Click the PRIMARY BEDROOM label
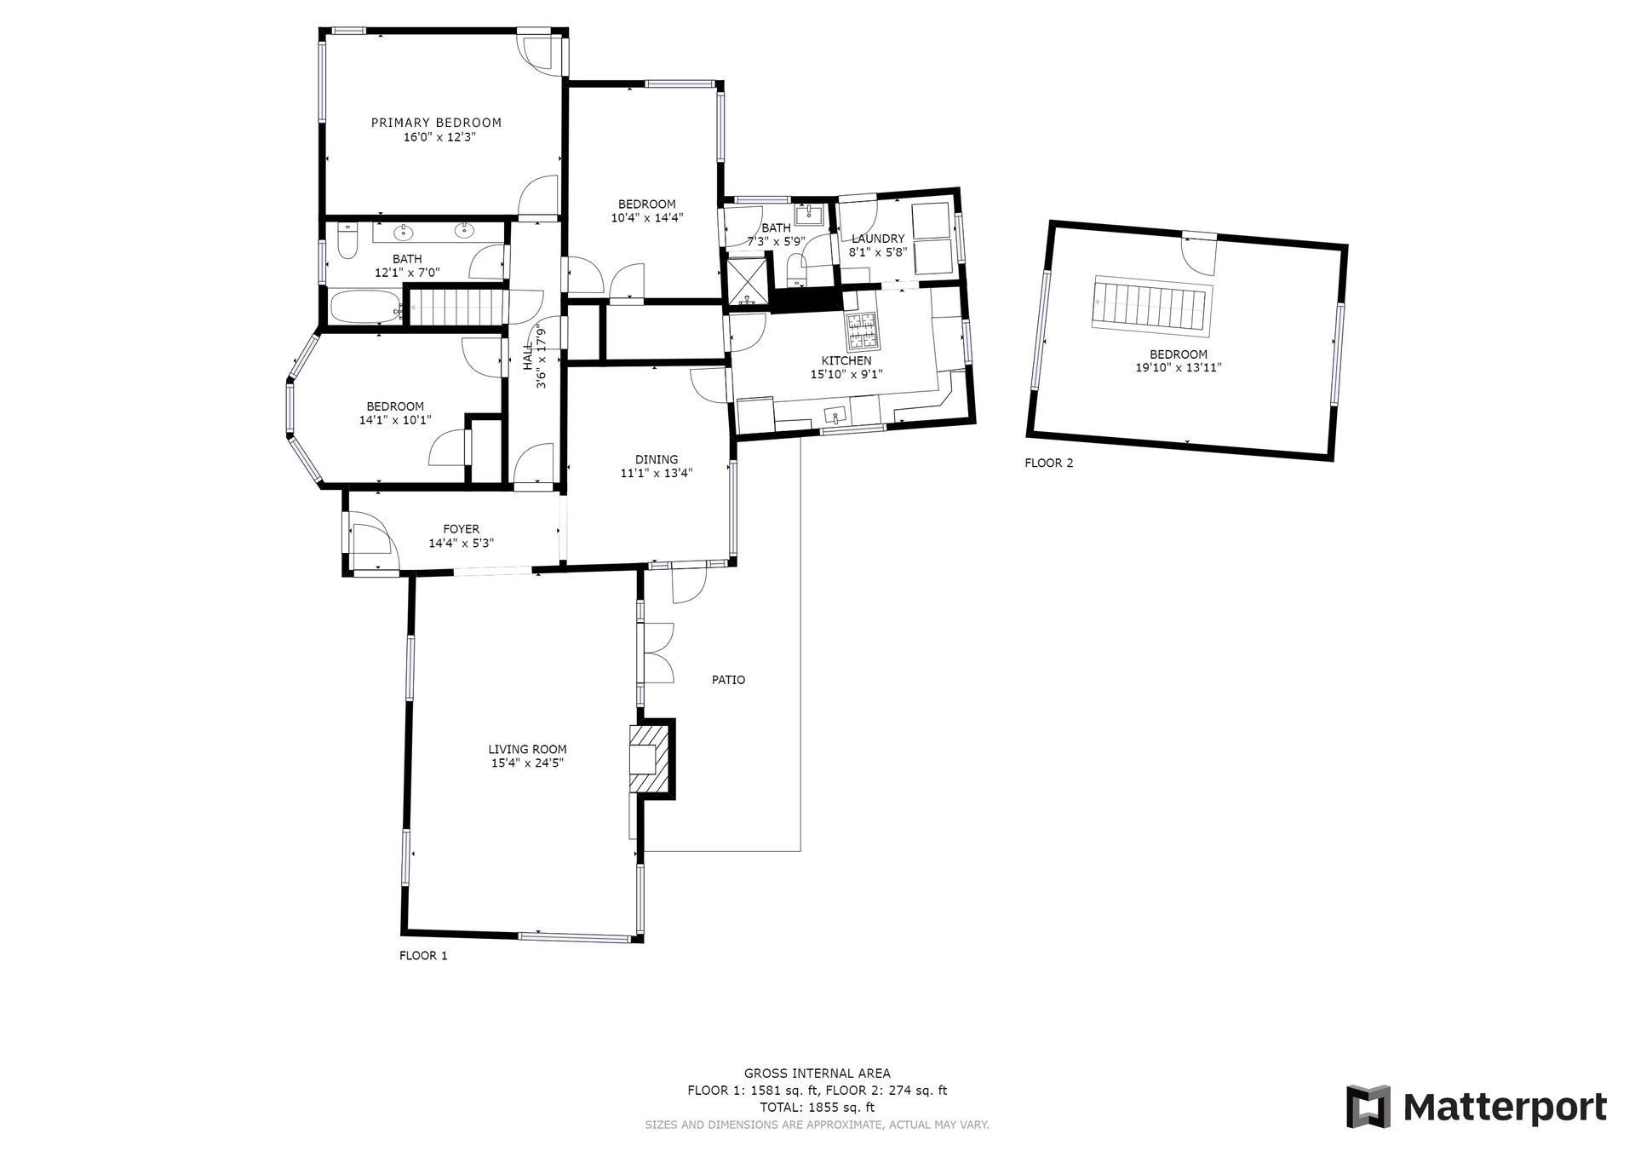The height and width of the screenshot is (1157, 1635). [436, 123]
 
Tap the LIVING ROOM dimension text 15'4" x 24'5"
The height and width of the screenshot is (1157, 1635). [528, 763]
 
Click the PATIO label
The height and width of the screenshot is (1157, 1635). [728, 680]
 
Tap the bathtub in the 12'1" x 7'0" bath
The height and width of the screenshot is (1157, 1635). [365, 307]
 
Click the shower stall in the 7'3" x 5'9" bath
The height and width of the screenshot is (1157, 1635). [746, 281]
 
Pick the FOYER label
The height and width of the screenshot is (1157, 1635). [461, 529]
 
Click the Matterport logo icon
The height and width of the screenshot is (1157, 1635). [1368, 1107]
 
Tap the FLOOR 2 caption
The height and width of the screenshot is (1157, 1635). [1049, 463]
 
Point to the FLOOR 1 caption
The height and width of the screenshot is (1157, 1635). [423, 956]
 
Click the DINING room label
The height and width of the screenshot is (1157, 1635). [657, 460]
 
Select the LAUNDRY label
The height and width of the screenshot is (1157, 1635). [878, 239]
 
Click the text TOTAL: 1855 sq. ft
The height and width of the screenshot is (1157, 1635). [817, 1108]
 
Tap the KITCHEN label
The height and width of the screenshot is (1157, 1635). [846, 361]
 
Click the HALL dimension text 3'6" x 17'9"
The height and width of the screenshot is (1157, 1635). [540, 358]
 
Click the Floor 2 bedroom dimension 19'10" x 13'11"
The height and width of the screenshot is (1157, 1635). [1179, 368]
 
